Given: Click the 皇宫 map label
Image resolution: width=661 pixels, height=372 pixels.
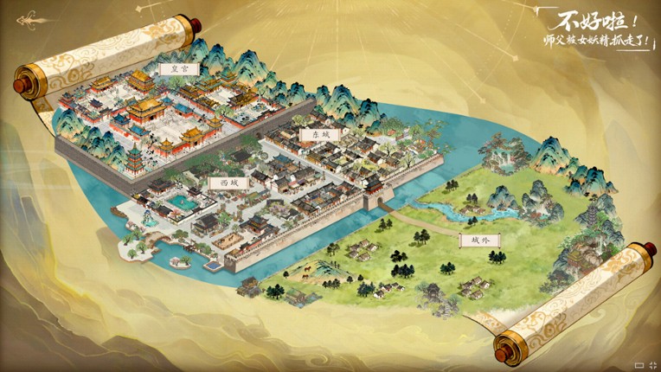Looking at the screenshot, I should pos(179,67).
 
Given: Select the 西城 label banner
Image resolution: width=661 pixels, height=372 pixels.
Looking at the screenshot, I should pos(228,183).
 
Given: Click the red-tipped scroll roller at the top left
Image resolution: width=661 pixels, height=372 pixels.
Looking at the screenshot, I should pos(20,84).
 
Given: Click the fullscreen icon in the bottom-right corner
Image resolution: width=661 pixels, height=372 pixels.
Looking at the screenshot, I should pos(651,364).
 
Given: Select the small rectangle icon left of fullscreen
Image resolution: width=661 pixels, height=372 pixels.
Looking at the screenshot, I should pos(639,364).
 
